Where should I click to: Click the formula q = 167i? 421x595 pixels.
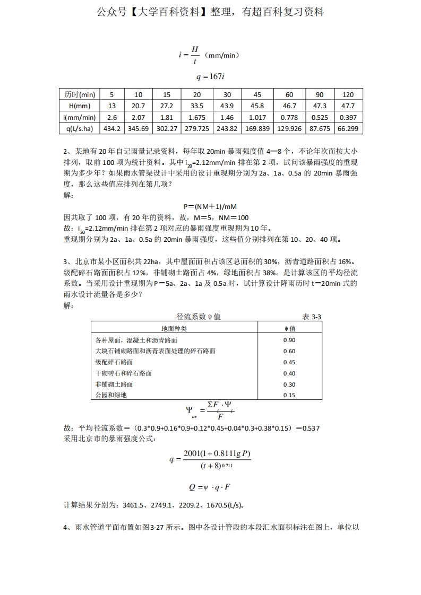(x=210, y=76)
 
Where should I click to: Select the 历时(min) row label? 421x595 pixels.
(x=80, y=94)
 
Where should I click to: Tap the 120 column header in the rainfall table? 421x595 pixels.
(x=348, y=94)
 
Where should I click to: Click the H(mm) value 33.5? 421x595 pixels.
(x=197, y=106)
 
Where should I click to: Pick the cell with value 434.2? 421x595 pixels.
(x=112, y=128)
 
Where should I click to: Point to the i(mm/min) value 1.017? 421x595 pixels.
(x=257, y=117)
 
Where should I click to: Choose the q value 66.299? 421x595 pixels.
(x=348, y=128)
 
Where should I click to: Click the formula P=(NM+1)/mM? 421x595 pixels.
(x=210, y=206)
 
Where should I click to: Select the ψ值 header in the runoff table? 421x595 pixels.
(x=289, y=328)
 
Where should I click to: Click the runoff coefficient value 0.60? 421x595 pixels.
(x=289, y=351)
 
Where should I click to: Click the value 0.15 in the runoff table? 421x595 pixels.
(x=289, y=395)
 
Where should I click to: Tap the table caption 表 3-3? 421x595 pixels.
(x=312, y=317)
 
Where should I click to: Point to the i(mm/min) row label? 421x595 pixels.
(x=80, y=117)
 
